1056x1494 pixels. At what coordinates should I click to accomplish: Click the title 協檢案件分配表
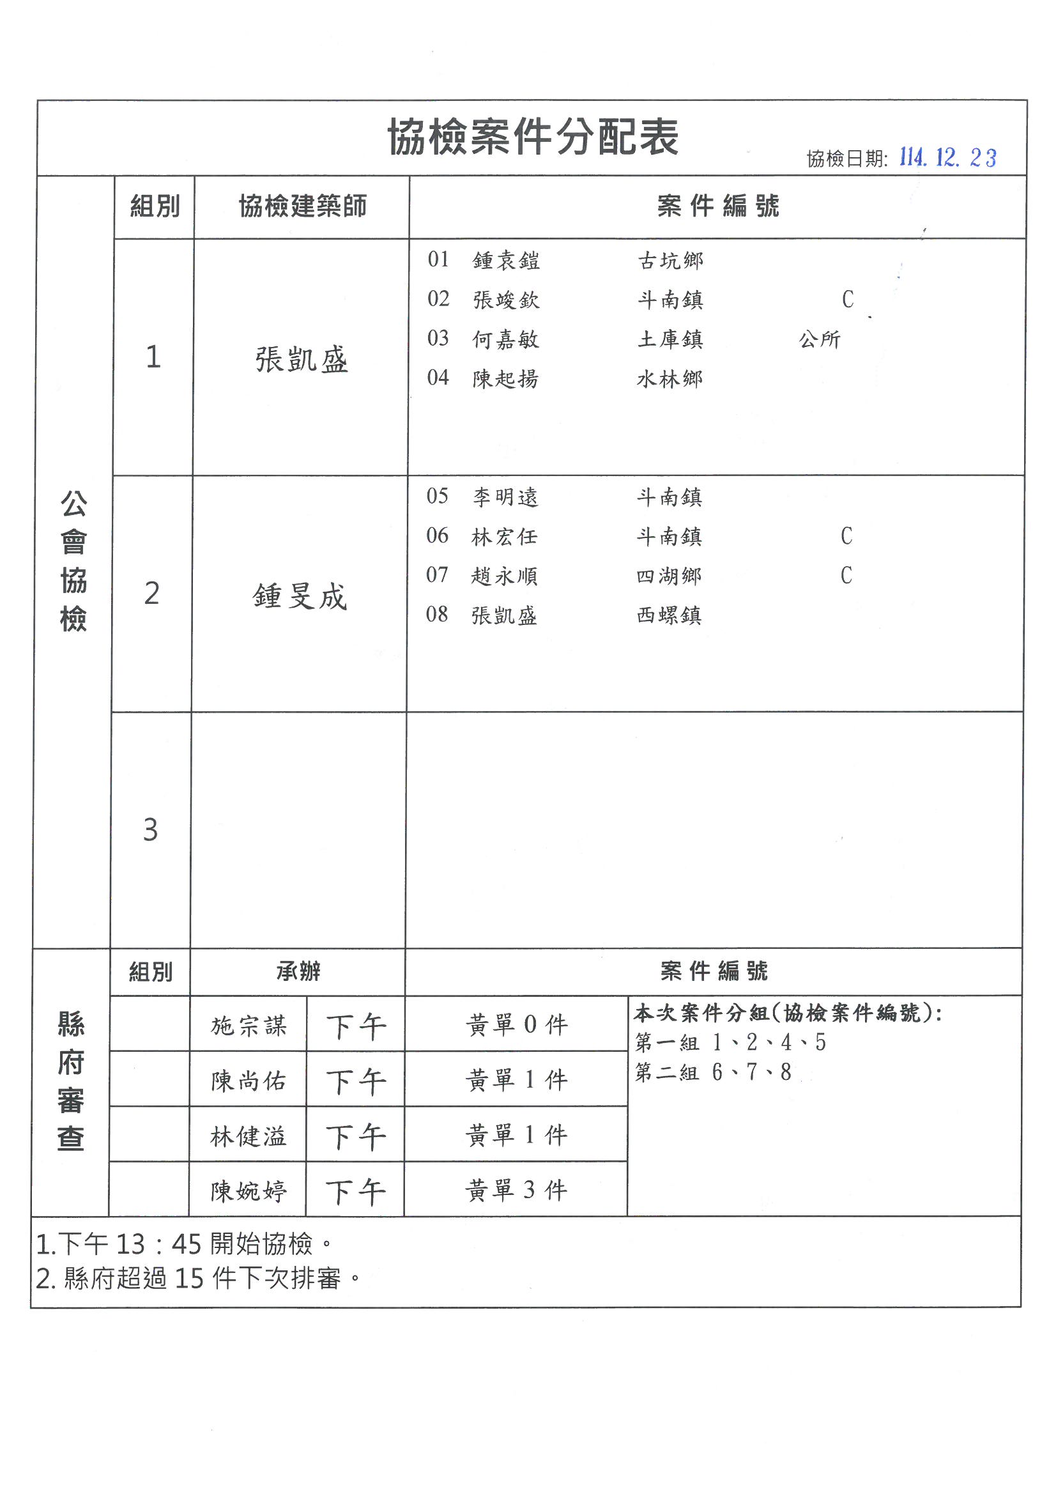point(533,137)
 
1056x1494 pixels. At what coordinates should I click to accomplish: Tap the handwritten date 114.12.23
point(947,157)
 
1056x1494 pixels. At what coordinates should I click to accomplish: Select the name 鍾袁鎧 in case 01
point(505,261)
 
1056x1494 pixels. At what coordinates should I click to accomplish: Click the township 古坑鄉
point(670,261)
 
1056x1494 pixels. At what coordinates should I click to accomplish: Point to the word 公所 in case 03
point(819,339)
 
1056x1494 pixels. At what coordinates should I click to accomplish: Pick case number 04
point(438,378)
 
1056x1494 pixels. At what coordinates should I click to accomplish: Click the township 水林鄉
point(670,379)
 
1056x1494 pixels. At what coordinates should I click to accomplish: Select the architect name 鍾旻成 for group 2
point(300,596)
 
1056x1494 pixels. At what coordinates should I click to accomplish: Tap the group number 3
point(150,829)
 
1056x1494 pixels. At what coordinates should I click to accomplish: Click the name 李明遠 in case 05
point(505,498)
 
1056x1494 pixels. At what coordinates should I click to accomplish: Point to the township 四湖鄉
point(669,576)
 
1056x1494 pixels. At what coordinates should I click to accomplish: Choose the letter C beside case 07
point(846,575)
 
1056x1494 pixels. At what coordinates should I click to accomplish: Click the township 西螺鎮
point(669,615)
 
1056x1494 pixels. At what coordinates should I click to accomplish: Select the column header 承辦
point(298,971)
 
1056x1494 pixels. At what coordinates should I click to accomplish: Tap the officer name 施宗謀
point(248,1026)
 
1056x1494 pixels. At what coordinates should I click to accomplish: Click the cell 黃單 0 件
point(517,1025)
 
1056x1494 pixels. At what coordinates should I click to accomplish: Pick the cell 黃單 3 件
point(517,1190)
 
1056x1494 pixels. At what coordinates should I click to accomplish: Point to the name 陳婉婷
point(248,1191)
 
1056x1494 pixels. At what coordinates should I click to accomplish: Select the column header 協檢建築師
point(303,206)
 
